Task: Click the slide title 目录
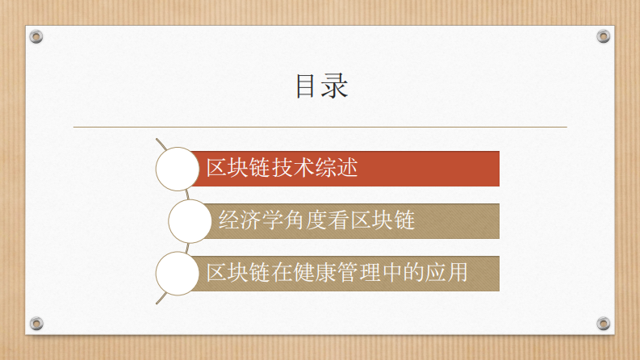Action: tap(320, 86)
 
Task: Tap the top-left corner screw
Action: tap(36, 36)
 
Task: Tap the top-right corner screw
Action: tap(603, 36)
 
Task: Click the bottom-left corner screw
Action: tap(36, 324)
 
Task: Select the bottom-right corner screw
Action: tap(603, 324)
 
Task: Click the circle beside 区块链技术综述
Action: tap(177, 169)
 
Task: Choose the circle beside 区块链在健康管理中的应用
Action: tap(177, 273)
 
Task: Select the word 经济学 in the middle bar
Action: tap(247, 220)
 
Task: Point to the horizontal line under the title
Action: tap(320, 127)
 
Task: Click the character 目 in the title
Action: tap(307, 86)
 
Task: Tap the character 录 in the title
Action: tap(334, 86)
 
